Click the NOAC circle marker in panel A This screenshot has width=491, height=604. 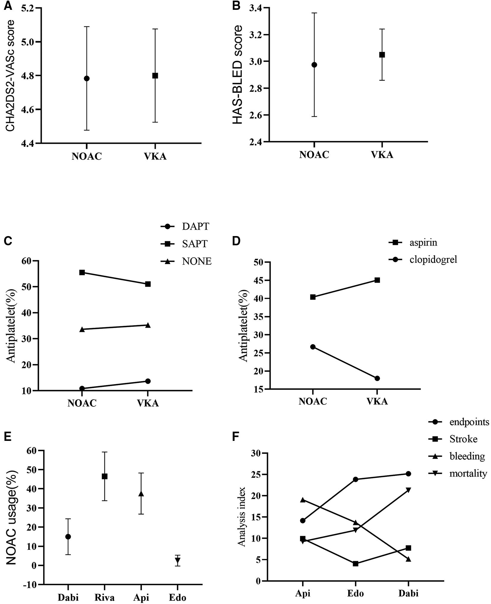click(87, 79)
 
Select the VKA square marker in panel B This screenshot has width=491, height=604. click(382, 55)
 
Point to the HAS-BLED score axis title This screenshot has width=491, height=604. click(237, 74)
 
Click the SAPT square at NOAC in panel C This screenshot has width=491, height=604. click(82, 272)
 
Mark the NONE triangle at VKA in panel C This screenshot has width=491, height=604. click(148, 325)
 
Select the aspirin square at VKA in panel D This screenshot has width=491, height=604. click(377, 280)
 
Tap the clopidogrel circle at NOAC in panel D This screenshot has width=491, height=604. click(313, 347)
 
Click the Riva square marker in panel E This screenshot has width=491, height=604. click(105, 476)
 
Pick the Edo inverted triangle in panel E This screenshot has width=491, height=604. click(178, 560)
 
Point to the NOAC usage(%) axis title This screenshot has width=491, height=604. click(11, 518)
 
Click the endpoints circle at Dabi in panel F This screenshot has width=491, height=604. click(408, 474)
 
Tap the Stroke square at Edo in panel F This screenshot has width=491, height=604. click(355, 564)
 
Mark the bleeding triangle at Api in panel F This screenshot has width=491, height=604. click(303, 500)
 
